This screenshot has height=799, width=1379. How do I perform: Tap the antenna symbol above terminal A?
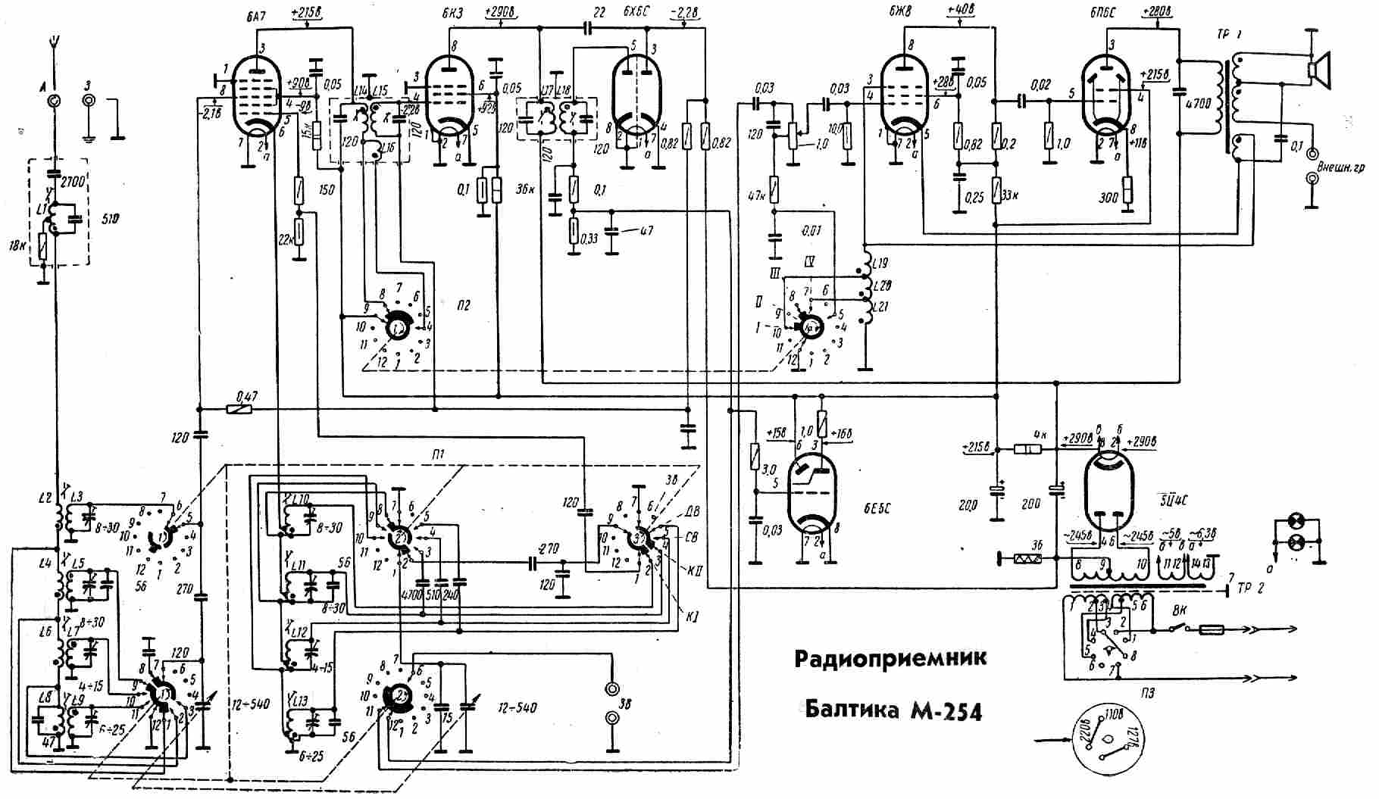click(54, 43)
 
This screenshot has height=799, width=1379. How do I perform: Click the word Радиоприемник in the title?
click(890, 657)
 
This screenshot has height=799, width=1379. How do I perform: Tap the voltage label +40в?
click(960, 13)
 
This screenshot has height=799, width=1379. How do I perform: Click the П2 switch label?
click(464, 305)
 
